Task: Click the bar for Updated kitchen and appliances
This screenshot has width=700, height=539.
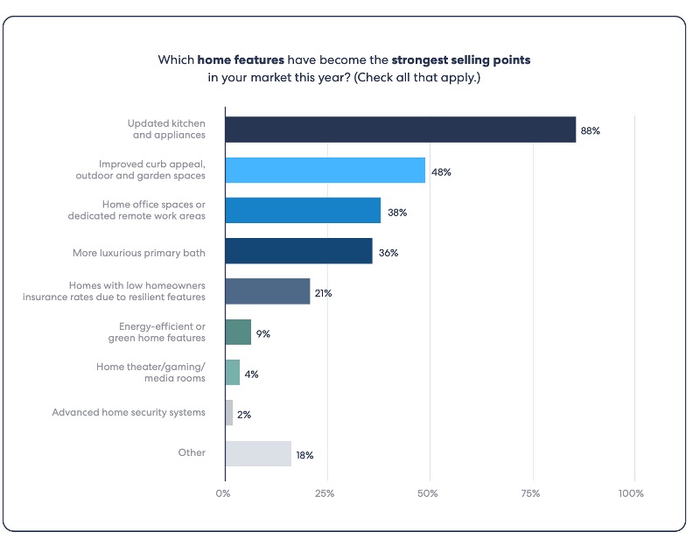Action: pos(400,129)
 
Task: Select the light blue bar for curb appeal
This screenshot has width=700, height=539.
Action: pos(325,171)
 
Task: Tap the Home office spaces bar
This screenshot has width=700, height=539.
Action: pos(303,211)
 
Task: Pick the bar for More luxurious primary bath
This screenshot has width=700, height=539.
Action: pos(298,252)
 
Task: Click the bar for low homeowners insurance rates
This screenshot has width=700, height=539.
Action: pos(268,291)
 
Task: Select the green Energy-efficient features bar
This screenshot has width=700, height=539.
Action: pos(238,332)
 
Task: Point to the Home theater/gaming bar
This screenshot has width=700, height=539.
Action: pos(232,373)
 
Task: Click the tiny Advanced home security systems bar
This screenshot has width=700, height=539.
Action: pos(229,413)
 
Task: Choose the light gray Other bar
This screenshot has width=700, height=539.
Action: pos(258,453)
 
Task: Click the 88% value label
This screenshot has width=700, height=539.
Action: pos(590,130)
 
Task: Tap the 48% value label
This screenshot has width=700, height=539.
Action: pos(441,171)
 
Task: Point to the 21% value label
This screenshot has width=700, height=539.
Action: pos(324,293)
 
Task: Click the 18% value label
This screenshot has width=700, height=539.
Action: pos(304,455)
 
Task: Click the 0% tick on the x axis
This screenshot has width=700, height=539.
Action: pos(224,493)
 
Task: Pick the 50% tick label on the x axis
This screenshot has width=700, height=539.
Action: pos(428,493)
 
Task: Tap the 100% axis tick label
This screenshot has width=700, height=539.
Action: pos(630,493)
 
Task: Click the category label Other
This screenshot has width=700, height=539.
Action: pos(192,453)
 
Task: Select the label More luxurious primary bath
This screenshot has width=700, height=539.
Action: pos(139,253)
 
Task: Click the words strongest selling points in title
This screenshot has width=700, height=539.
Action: pos(462,60)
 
